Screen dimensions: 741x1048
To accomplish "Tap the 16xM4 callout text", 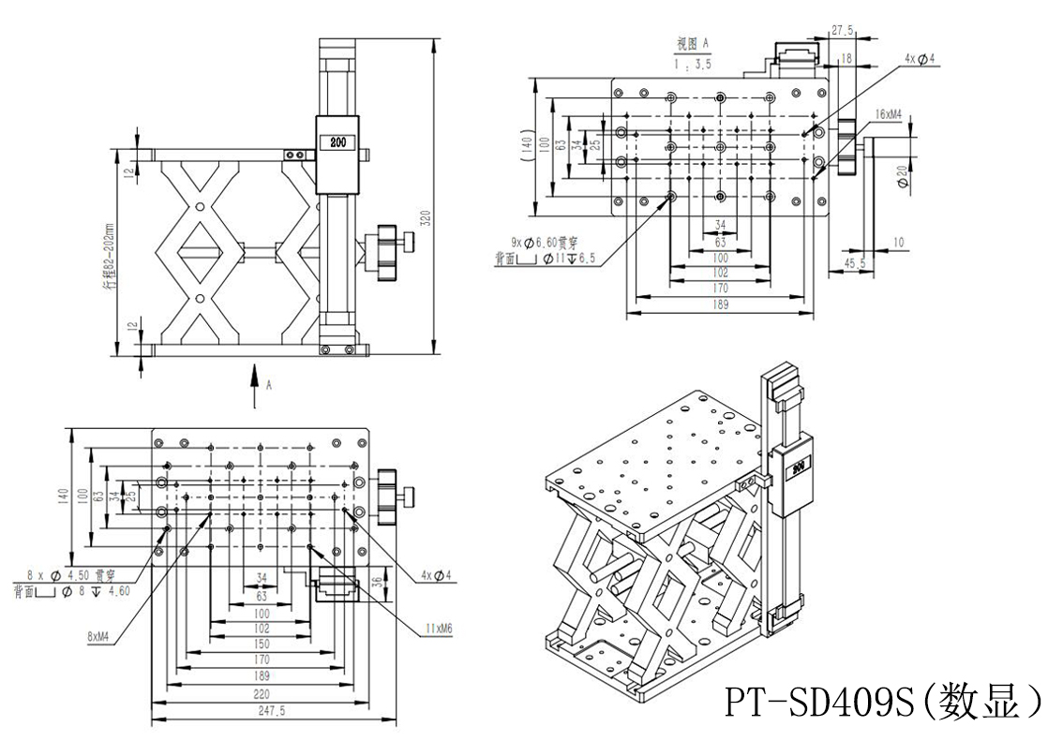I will point(888,114).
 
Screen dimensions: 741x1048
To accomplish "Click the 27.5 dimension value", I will point(843,31).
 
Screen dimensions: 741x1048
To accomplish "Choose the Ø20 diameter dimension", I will point(902,176).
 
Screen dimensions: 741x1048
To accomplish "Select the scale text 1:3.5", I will point(694,65).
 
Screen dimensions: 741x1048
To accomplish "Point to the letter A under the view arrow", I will point(269,384).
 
